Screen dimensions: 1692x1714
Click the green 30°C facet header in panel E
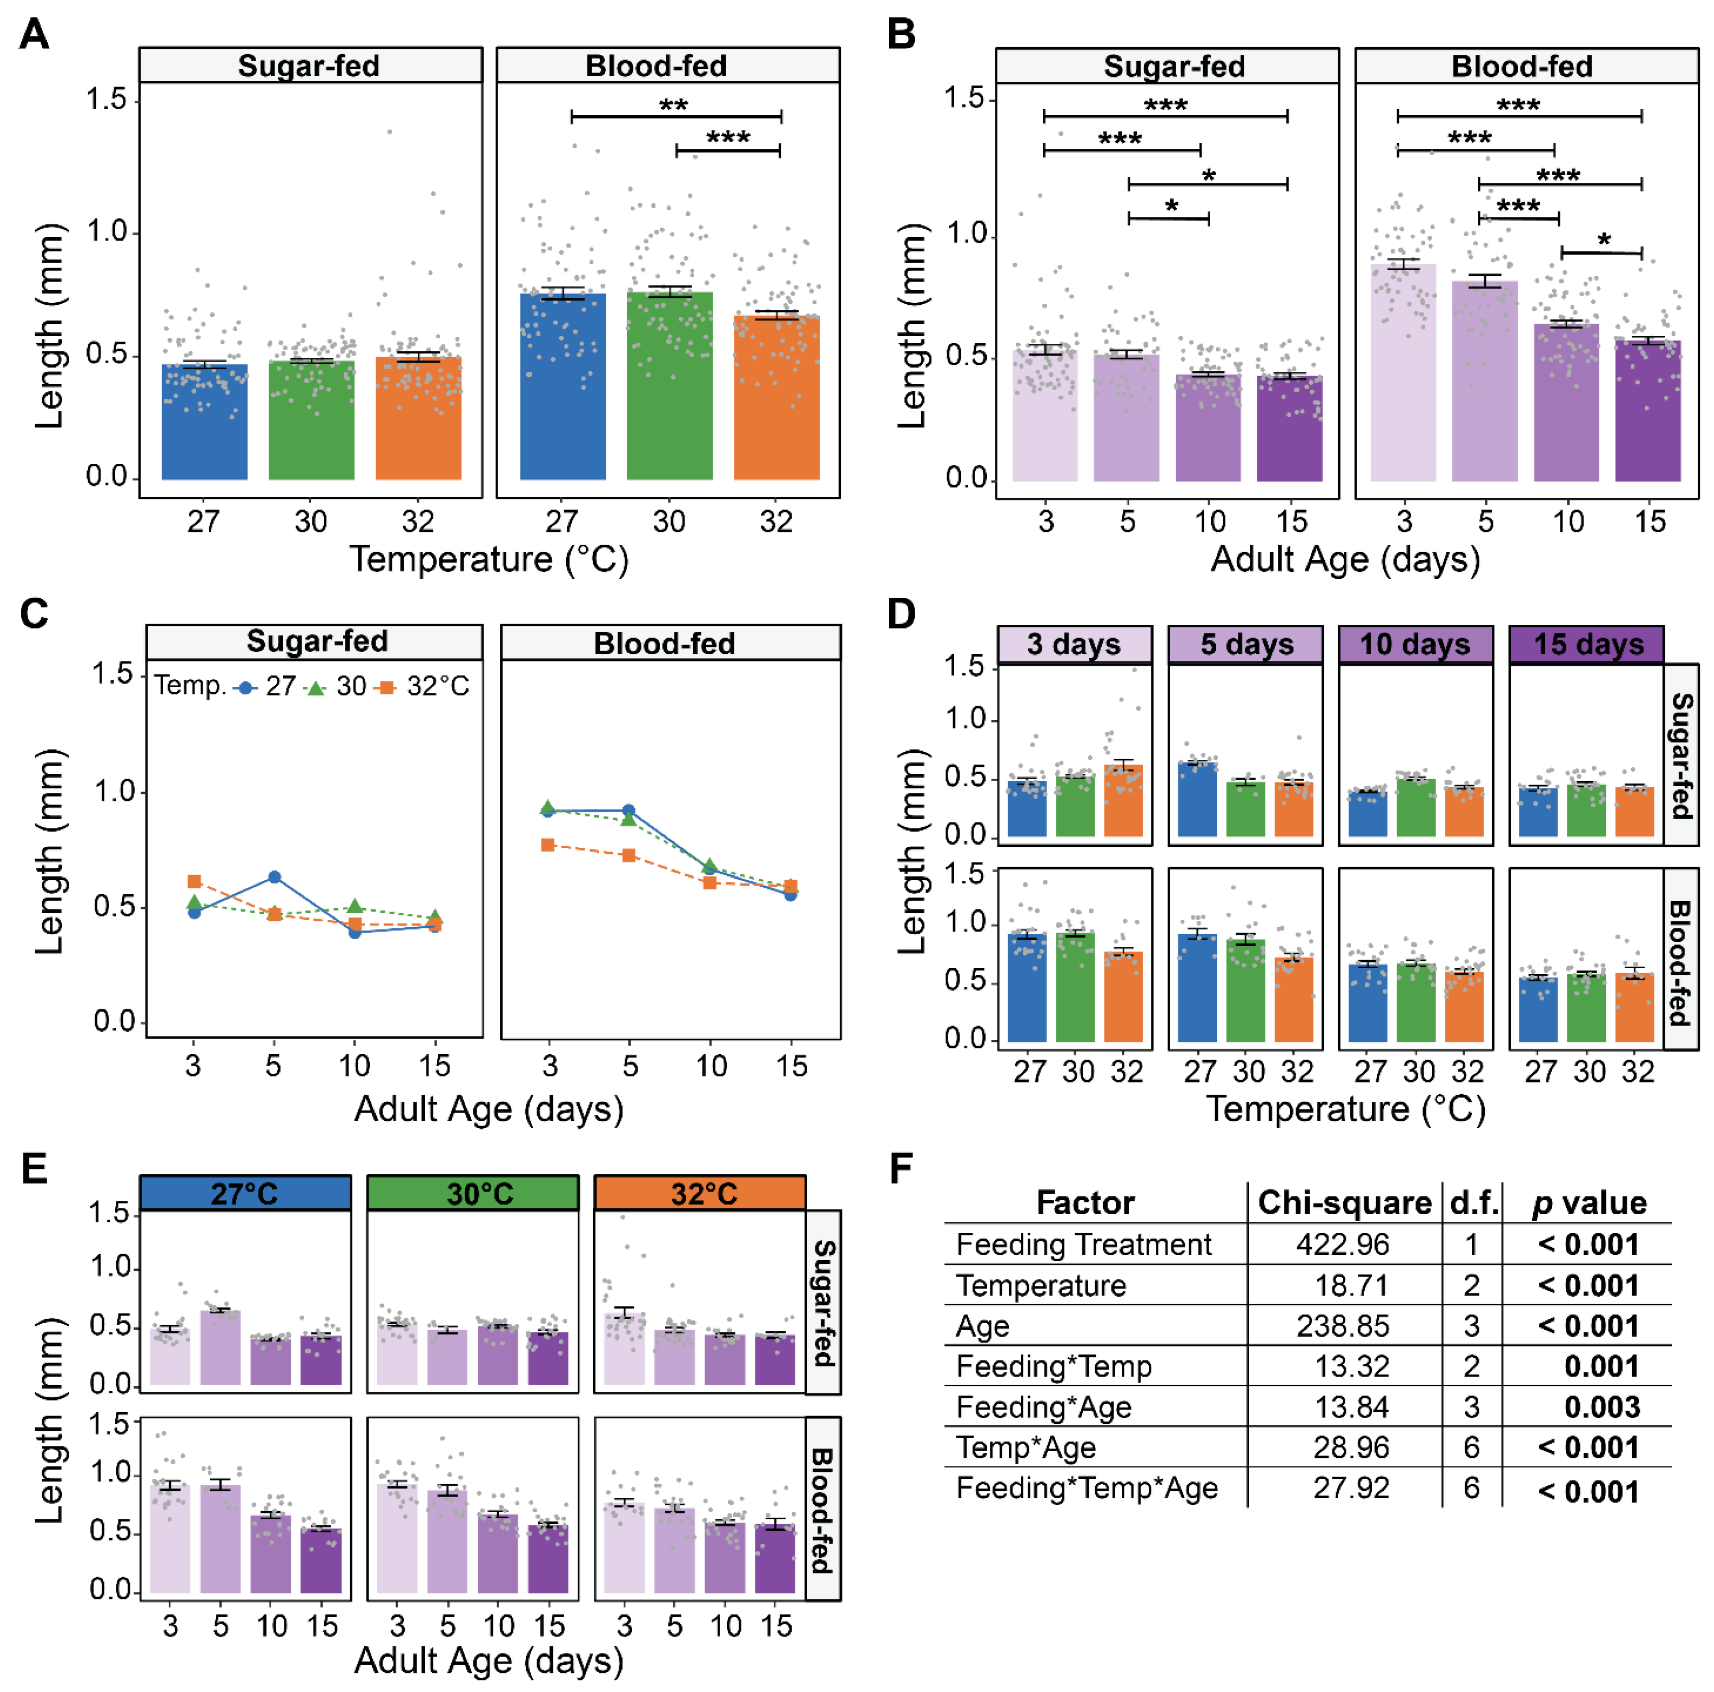click(472, 1193)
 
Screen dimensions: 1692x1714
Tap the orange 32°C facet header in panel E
click(700, 1193)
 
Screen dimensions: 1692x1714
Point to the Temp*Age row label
click(1025, 1448)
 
